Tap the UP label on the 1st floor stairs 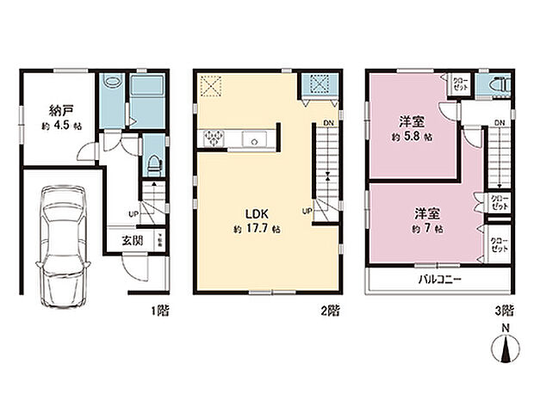134,213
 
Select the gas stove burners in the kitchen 213,139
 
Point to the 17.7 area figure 255,231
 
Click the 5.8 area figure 413,136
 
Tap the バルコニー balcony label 442,280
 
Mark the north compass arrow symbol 506,351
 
